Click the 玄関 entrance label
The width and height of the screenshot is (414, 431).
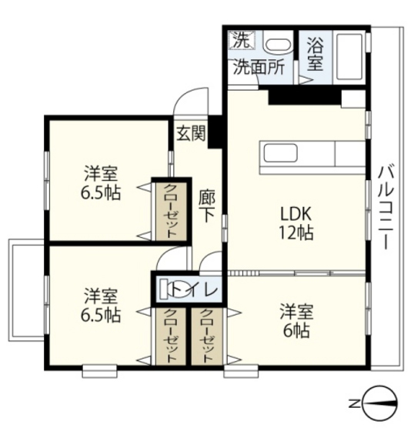coord(191,133)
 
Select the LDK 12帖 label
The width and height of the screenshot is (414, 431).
coord(296,223)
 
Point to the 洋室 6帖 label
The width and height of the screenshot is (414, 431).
coord(296,321)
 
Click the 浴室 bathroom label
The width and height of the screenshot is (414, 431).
coord(316,54)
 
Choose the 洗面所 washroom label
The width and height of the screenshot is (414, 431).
coord(259,67)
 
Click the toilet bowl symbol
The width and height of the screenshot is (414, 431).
coord(176,289)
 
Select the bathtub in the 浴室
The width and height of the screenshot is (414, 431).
coord(349,57)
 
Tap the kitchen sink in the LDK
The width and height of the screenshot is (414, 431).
coord(280,154)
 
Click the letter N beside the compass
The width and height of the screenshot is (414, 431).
coord(354,404)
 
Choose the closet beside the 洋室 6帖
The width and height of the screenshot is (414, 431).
coord(206,336)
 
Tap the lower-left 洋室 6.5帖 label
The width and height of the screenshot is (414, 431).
coord(101,305)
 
